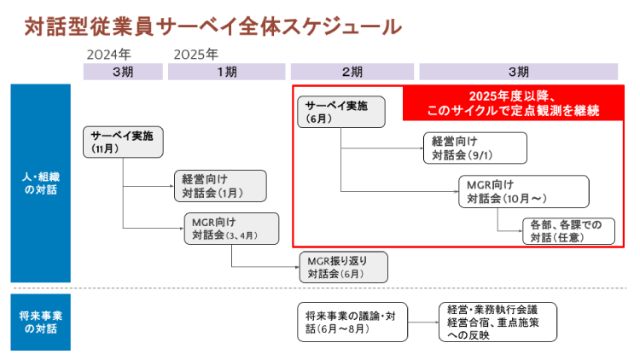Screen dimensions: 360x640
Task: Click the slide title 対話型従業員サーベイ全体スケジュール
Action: [213, 26]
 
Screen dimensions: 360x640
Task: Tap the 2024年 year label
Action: [108, 54]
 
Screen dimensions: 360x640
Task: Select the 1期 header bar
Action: [227, 72]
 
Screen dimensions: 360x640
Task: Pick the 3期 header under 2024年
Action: [122, 72]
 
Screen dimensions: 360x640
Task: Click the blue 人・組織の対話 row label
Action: [40, 183]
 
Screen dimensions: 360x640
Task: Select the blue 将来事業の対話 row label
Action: [40, 321]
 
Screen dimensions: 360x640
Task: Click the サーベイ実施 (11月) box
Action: [122, 142]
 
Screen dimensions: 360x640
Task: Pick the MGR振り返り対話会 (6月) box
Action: [343, 267]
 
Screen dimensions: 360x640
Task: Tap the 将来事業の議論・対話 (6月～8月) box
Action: [347, 322]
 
